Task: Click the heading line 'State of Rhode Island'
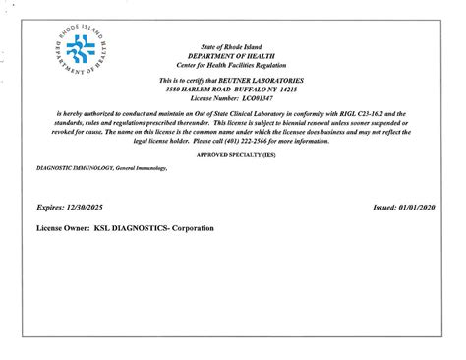click(x=233, y=47)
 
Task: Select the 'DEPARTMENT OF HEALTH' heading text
click(x=233, y=56)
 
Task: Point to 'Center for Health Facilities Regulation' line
click(x=233, y=64)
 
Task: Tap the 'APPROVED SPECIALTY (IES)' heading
click(x=233, y=155)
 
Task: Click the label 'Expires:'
click(x=50, y=210)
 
